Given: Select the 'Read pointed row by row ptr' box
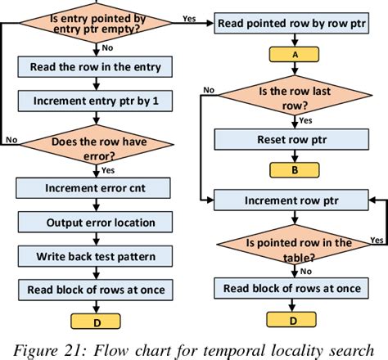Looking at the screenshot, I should click(289, 25).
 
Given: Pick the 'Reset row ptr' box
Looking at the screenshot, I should click(289, 140).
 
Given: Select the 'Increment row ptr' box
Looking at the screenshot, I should click(289, 199).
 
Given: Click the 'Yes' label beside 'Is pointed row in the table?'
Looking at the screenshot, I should click(377, 241).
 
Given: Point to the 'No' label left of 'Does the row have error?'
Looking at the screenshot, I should click(10, 140).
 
